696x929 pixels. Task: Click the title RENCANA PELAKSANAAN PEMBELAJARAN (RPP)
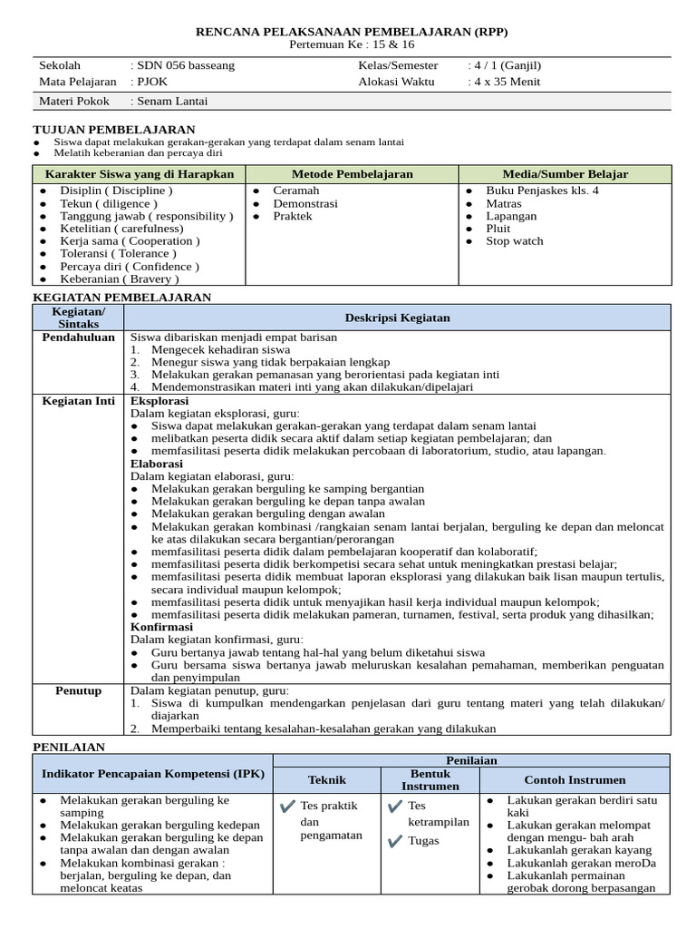click(353, 32)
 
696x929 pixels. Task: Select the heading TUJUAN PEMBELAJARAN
click(114, 130)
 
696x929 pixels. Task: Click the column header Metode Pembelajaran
click(352, 174)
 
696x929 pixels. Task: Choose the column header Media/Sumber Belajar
click(565, 174)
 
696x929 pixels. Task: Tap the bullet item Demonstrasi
click(305, 204)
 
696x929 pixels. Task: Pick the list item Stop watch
click(514, 241)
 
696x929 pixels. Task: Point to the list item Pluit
click(498, 229)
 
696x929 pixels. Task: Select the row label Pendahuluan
click(79, 337)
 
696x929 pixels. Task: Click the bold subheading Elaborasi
click(157, 463)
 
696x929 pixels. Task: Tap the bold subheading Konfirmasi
click(161, 627)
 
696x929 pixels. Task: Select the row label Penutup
click(79, 690)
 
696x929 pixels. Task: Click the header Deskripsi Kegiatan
click(397, 318)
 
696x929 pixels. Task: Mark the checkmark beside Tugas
click(394, 841)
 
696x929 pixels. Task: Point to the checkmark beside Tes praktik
click(287, 806)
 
